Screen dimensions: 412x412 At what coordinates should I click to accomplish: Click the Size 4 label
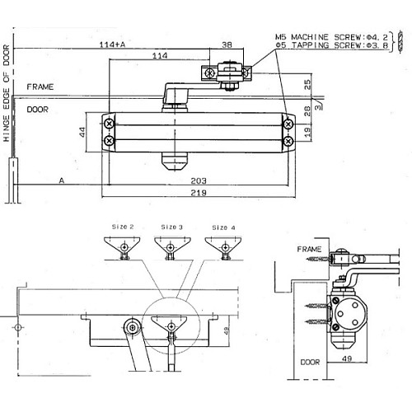click(222, 227)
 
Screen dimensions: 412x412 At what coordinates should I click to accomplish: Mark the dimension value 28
click(307, 110)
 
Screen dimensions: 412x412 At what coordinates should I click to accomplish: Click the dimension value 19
click(307, 131)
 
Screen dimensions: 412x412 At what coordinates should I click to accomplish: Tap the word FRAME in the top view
click(40, 87)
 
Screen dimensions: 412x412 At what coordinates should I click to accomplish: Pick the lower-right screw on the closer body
click(288, 141)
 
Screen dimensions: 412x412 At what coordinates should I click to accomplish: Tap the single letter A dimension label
click(61, 180)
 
